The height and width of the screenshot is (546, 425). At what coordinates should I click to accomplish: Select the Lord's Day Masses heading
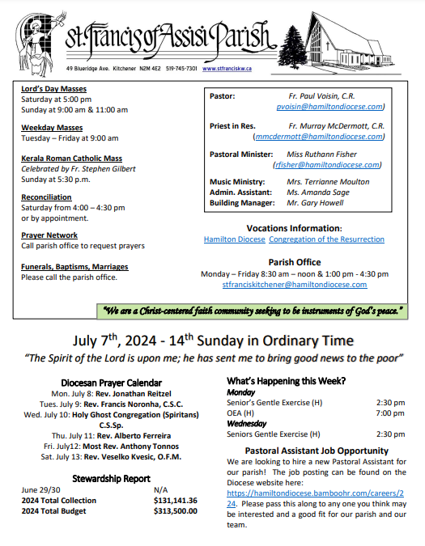pyautogui.click(x=53, y=89)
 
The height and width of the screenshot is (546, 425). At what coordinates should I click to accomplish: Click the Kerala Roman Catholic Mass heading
pyautogui.click(x=73, y=158)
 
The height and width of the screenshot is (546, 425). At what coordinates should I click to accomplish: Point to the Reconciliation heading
pyautogui.click(x=46, y=197)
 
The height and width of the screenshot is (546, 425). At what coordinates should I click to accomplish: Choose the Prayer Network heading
pyautogui.click(x=49, y=235)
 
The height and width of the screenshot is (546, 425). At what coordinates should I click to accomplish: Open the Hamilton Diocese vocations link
pyautogui.click(x=234, y=239)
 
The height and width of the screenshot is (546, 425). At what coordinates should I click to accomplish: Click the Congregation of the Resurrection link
pyautogui.click(x=327, y=239)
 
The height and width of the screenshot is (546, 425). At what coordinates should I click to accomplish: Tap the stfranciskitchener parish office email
pyautogui.click(x=295, y=285)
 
